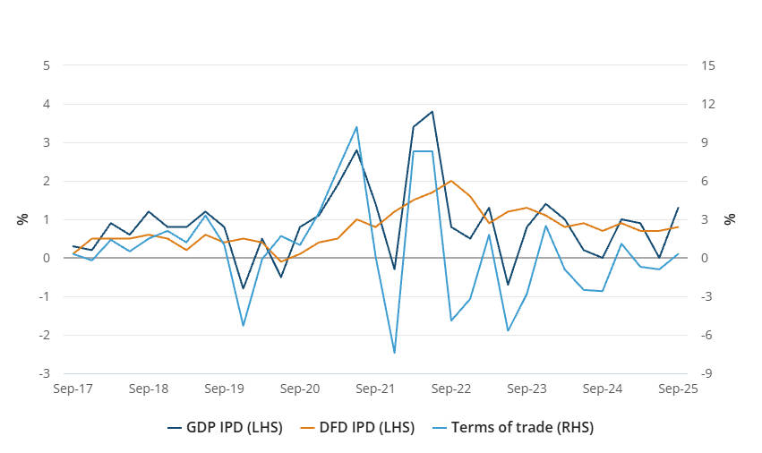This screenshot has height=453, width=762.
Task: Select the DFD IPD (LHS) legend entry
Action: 369,427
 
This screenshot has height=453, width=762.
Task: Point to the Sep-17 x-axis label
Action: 73,389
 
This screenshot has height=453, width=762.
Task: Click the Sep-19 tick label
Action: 225,389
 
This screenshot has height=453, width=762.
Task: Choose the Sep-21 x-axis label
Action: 375,389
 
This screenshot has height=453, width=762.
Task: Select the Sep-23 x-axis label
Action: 527,389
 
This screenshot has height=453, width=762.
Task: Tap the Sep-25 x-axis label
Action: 678,389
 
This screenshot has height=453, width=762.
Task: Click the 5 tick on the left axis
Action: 46,65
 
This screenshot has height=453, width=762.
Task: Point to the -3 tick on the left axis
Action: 44,373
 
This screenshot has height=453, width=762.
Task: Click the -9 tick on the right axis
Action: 707,373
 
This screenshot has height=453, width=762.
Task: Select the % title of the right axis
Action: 730,218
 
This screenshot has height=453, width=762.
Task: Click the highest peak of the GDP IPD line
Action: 432,112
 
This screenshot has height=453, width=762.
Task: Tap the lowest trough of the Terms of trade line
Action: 394,353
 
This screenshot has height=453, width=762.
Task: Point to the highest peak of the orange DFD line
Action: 450,181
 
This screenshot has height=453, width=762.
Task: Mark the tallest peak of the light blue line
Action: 356,126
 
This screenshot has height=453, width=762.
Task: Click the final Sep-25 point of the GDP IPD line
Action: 678,208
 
